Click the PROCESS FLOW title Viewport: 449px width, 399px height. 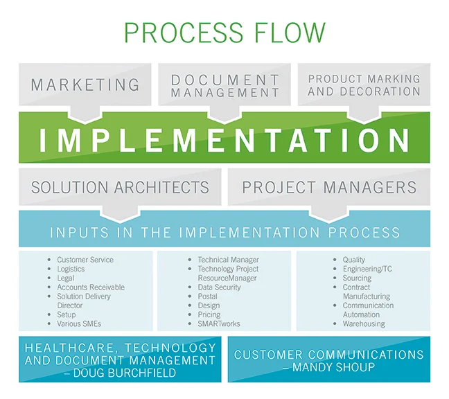224,33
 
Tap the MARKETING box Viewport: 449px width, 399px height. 85,85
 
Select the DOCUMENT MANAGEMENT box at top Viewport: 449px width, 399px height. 225,85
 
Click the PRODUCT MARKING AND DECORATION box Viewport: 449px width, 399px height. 364,85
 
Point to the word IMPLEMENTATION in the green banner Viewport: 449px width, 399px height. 224,140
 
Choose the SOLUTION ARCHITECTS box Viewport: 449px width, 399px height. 120,187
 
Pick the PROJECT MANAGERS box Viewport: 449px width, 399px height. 329,187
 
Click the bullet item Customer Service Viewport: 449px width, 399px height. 85,260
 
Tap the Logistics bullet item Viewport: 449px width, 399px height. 71,269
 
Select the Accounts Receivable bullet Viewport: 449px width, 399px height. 91,287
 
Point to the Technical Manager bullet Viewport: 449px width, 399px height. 229,260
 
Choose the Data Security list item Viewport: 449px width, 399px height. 220,287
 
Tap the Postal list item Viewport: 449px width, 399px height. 207,296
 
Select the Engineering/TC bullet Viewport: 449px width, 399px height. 367,269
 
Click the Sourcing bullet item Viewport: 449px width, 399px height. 357,278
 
